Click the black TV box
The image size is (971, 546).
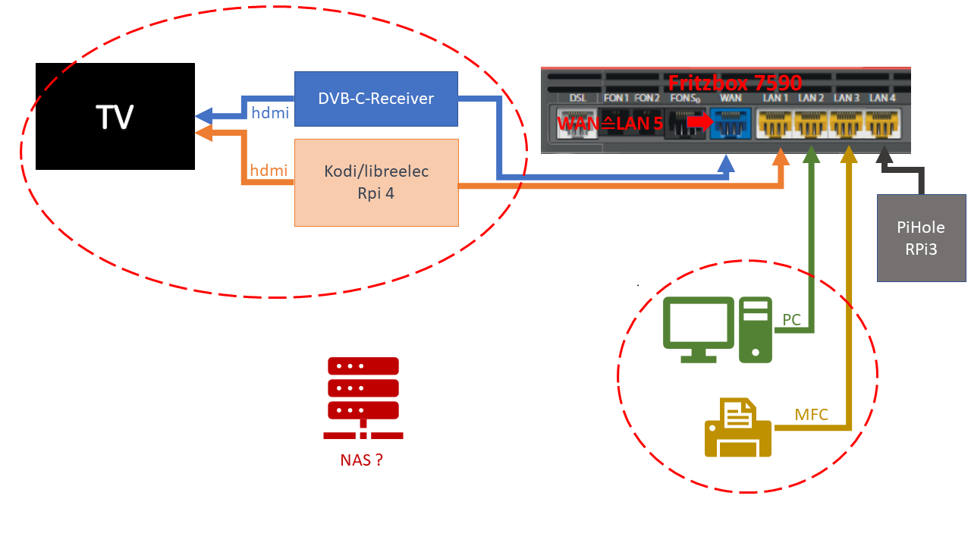(115, 116)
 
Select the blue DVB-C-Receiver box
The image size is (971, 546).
(376, 99)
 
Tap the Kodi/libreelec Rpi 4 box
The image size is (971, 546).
(376, 183)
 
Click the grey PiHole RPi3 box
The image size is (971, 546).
(921, 238)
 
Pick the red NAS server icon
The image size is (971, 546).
(363, 398)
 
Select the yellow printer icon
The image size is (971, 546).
(738, 428)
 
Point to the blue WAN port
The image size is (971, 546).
(729, 124)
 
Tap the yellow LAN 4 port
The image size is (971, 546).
(882, 124)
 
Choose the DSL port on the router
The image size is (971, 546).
(577, 124)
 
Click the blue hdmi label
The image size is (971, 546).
(269, 113)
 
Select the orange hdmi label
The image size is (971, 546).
(269, 171)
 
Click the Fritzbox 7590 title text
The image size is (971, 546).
(734, 83)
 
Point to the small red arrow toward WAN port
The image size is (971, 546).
(698, 121)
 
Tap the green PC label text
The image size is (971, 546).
(791, 320)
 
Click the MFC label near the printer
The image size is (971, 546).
(811, 415)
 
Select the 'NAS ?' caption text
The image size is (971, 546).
(361, 460)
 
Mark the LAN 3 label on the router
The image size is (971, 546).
(847, 98)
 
